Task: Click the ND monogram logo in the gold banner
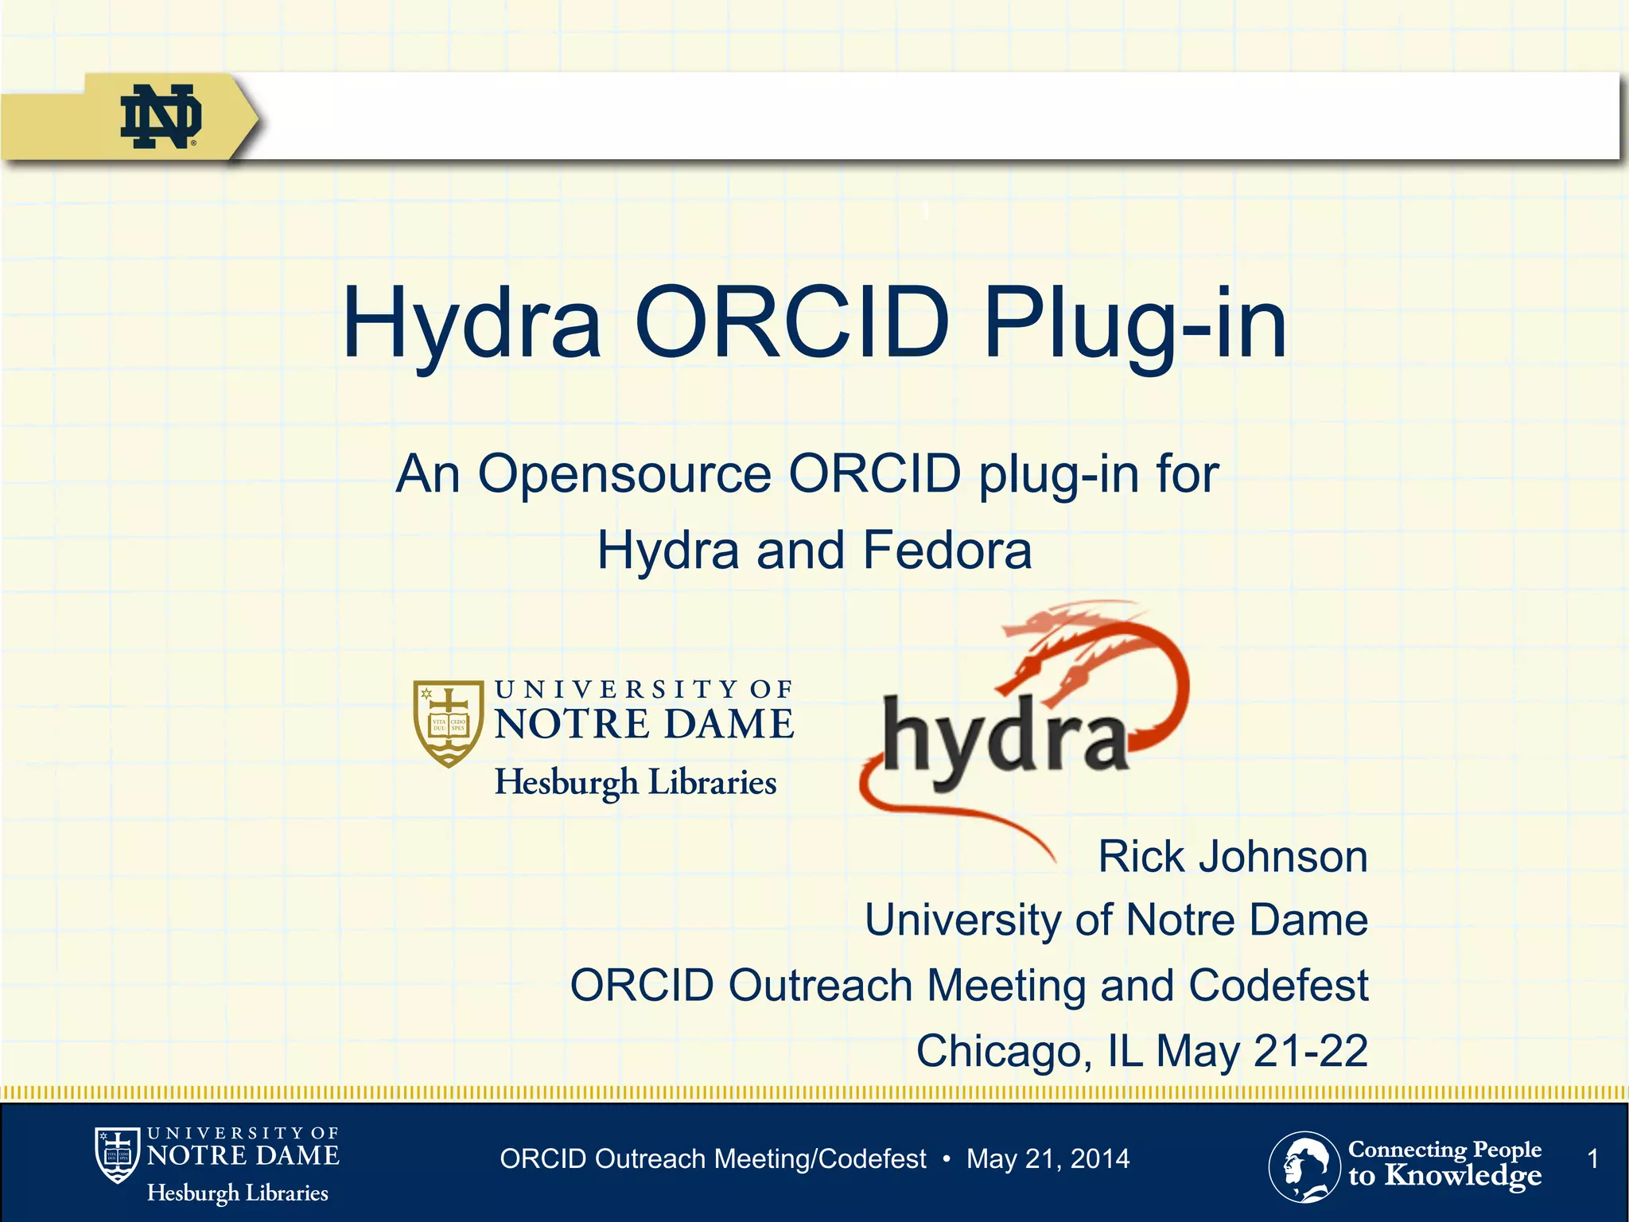pyautogui.click(x=161, y=116)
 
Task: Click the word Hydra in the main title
pyautogui.click(x=471, y=325)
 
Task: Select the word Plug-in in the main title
pyautogui.click(x=1134, y=325)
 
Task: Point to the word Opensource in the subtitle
pyautogui.click(x=624, y=474)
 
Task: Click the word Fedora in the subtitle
pyautogui.click(x=947, y=551)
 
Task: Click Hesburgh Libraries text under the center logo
pyautogui.click(x=636, y=782)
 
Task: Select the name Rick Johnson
pyautogui.click(x=1232, y=857)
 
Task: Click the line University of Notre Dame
pyautogui.click(x=1116, y=920)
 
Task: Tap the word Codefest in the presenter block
pyautogui.click(x=1277, y=985)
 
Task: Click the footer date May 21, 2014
pyautogui.click(x=1048, y=1159)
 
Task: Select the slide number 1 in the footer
pyautogui.click(x=1592, y=1159)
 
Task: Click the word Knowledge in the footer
pyautogui.click(x=1463, y=1175)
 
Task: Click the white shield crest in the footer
pyautogui.click(x=117, y=1154)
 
